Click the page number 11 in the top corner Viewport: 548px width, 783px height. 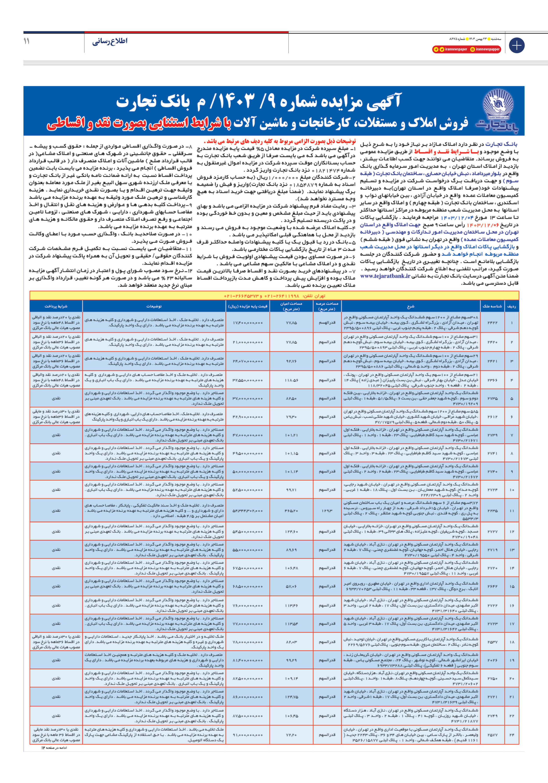coord(27,41)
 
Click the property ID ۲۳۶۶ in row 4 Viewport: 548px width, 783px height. coord(492,380)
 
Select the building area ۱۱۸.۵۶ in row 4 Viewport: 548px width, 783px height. coord(291,380)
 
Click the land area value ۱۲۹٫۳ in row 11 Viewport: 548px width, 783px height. coord(327,511)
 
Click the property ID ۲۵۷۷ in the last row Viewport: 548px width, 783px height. coord(492,735)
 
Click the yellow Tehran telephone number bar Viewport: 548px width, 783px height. coord(274,296)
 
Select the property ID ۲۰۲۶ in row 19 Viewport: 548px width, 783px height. coord(492,660)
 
